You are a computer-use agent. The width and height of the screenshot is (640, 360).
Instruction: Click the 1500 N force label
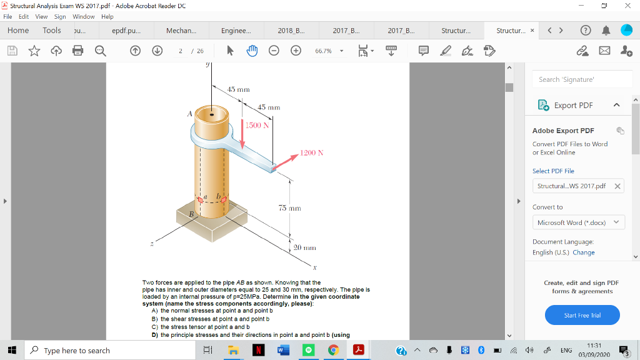click(x=257, y=126)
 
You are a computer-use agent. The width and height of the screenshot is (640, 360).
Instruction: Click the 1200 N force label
click(x=311, y=152)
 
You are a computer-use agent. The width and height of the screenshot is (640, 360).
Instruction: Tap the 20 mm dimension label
click(x=304, y=247)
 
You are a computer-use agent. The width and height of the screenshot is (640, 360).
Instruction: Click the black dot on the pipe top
click(x=212, y=115)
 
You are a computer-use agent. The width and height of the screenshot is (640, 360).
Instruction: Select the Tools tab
click(x=52, y=31)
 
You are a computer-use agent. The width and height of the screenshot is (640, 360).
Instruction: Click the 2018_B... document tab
click(x=291, y=31)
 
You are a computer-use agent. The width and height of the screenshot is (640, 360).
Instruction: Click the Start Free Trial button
click(x=582, y=315)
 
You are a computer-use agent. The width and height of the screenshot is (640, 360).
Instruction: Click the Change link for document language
click(x=583, y=252)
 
